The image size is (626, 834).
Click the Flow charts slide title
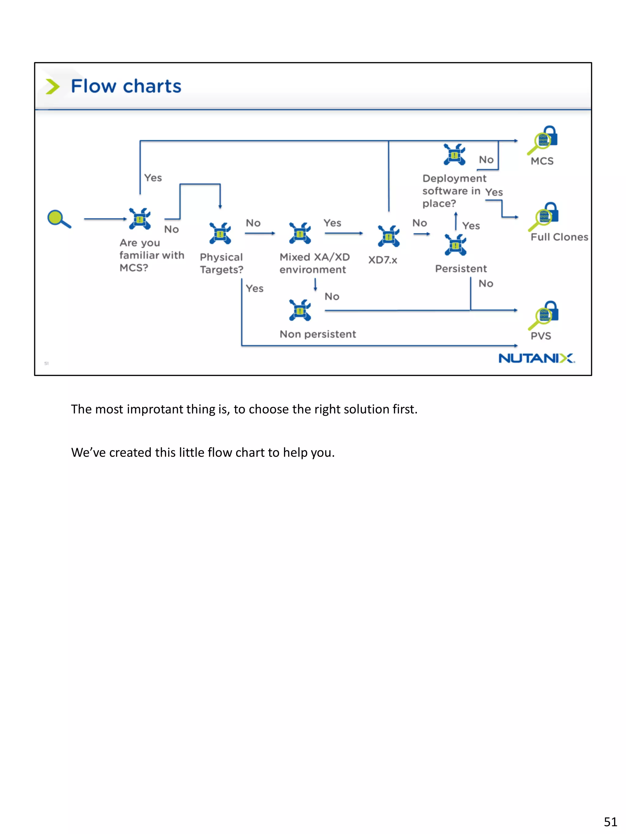tap(126, 86)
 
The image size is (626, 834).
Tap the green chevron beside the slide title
tap(53, 86)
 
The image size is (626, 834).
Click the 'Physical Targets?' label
tap(222, 263)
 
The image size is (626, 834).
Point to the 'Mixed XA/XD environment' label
tap(314, 263)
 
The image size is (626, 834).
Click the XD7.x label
tap(383, 260)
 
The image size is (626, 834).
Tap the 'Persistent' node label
tap(461, 269)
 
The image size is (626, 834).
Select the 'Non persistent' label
tap(318, 334)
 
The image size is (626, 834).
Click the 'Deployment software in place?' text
tap(454, 191)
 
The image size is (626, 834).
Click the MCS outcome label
tap(542, 161)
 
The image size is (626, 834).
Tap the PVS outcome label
tap(541, 336)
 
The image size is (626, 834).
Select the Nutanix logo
tap(536, 358)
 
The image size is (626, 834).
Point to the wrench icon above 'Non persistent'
tap(300, 310)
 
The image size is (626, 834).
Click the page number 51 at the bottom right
tap(610, 821)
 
